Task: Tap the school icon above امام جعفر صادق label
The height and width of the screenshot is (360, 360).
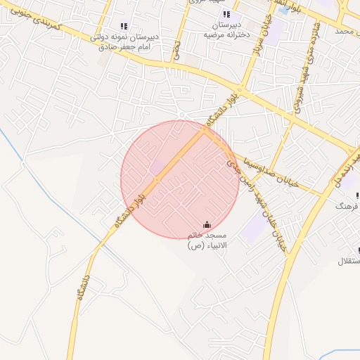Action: (x=124, y=27)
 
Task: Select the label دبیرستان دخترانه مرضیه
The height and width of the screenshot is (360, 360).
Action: (x=226, y=29)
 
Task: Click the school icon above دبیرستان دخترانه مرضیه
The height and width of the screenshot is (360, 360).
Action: (x=226, y=14)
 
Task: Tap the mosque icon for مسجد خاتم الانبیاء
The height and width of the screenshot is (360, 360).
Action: (x=205, y=225)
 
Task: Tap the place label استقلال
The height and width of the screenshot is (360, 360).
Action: (x=349, y=262)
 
